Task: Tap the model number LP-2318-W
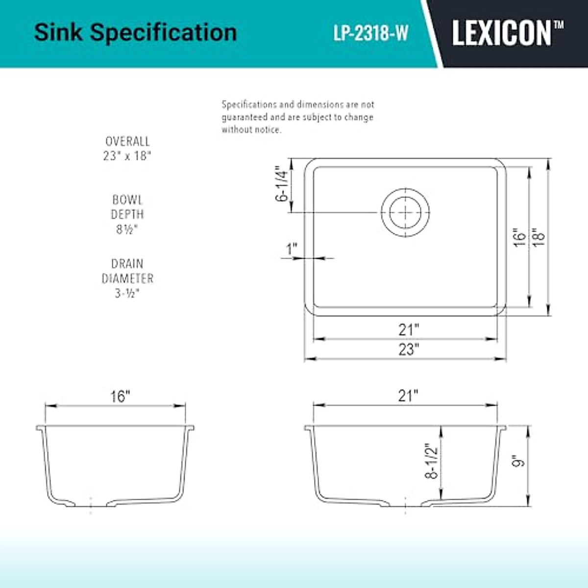click(x=371, y=33)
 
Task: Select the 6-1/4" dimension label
click(x=281, y=185)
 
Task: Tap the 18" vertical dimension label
click(x=539, y=237)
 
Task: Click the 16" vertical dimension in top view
click(x=519, y=237)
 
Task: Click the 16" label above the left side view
click(x=120, y=396)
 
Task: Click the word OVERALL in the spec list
click(x=127, y=142)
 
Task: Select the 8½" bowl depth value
click(x=127, y=229)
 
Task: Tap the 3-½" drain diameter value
click(x=127, y=294)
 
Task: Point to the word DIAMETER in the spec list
click(x=127, y=278)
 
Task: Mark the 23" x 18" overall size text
click(x=127, y=156)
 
